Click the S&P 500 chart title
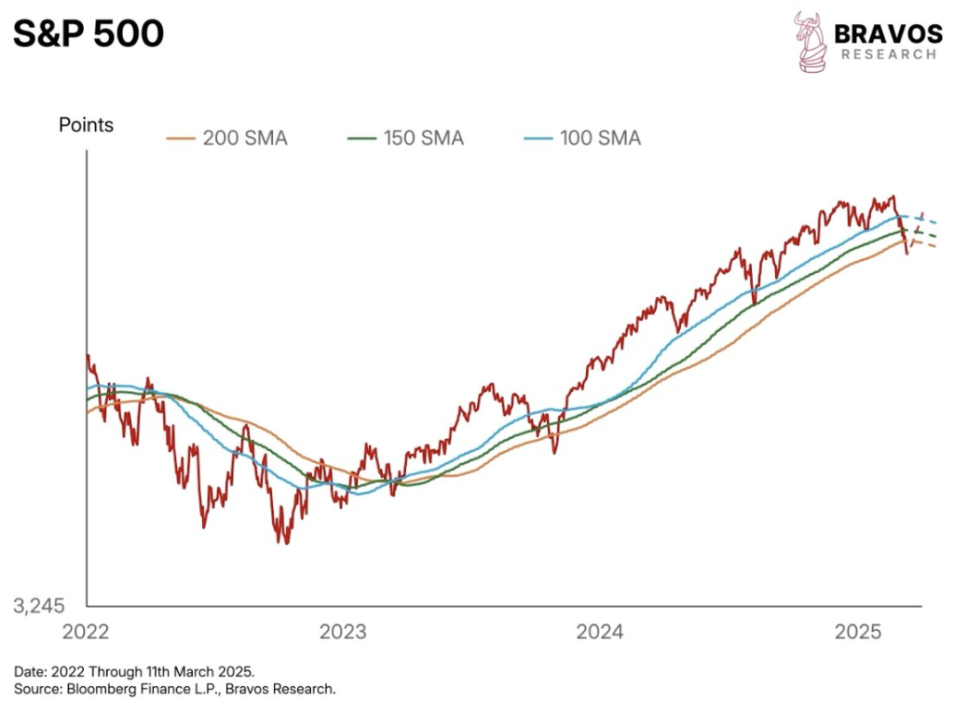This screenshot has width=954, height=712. click(x=89, y=34)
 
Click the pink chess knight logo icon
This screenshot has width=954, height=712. click(x=810, y=41)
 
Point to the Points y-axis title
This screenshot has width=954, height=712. click(x=86, y=125)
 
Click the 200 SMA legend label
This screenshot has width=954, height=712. click(x=245, y=139)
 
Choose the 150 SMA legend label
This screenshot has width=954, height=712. click(x=423, y=139)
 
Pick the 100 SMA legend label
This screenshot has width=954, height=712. click(x=600, y=139)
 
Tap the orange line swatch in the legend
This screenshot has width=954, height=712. click(x=182, y=139)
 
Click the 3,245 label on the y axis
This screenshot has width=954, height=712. click(x=38, y=607)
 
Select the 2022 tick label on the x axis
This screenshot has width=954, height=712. click(x=86, y=633)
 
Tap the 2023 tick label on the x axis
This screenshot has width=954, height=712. click(x=344, y=633)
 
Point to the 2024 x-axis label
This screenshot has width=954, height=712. click(x=600, y=633)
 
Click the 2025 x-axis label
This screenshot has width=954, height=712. click(x=858, y=633)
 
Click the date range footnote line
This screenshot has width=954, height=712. click(x=134, y=671)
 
